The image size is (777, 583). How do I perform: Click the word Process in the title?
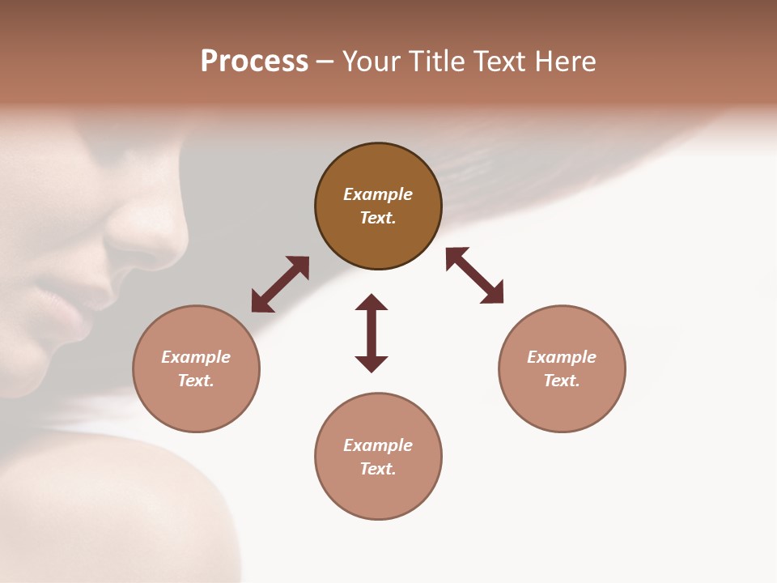click(x=254, y=62)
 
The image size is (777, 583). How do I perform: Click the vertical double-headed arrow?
click(x=372, y=334)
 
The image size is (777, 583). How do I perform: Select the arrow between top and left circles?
click(x=280, y=284)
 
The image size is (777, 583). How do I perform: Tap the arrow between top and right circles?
click(x=474, y=275)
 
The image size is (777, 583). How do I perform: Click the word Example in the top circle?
click(x=378, y=194)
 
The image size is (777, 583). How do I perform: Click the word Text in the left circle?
click(x=196, y=381)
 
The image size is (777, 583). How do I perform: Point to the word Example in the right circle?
click(x=562, y=357)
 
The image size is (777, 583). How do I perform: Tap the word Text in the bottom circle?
click(x=378, y=469)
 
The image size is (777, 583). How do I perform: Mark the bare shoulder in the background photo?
click(x=105, y=502)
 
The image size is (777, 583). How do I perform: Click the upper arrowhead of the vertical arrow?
click(x=372, y=302)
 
